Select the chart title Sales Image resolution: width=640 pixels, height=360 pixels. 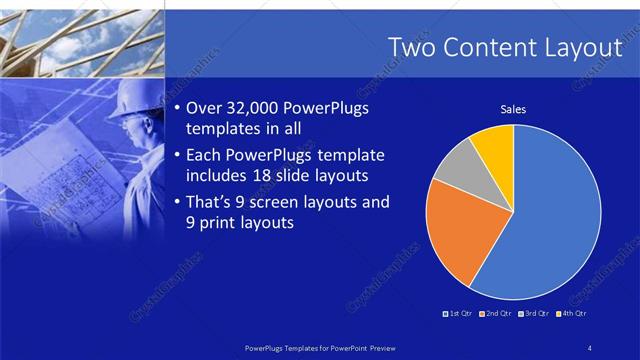pos(513,110)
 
